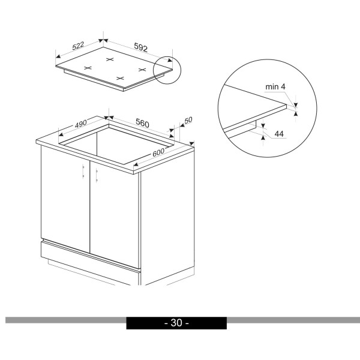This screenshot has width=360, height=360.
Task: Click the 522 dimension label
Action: pyautogui.click(x=78, y=46)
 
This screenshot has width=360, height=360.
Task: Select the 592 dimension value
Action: pyautogui.click(x=140, y=47)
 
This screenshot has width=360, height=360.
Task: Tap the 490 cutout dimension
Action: pyautogui.click(x=81, y=124)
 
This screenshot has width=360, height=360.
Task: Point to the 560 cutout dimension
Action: pyautogui.click(x=142, y=123)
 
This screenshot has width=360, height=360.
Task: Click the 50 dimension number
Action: pyautogui.click(x=188, y=120)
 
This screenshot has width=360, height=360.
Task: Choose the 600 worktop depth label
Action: pyautogui.click(x=158, y=152)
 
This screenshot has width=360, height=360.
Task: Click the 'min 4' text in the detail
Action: pyautogui.click(x=275, y=87)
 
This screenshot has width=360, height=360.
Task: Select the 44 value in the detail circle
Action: pyautogui.click(x=279, y=134)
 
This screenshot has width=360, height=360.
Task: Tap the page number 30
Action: pyautogui.click(x=176, y=323)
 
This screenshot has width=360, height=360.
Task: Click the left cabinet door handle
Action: pyautogui.click(x=83, y=171)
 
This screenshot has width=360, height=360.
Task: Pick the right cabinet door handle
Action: pyautogui.click(x=97, y=175)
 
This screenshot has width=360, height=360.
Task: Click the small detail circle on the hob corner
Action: pyautogui.click(x=167, y=70)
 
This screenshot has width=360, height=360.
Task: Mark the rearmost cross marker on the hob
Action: pyautogui.click(x=110, y=59)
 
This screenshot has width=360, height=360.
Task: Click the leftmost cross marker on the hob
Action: pyautogui.click(x=88, y=68)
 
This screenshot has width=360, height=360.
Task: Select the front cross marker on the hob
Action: pyautogui.click(x=120, y=78)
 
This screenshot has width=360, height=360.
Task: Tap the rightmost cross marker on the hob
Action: pyautogui.click(x=142, y=70)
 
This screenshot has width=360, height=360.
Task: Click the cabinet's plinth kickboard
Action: pyautogui.click(x=90, y=262)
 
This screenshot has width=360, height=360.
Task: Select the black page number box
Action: pyautogui.click(x=176, y=323)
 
